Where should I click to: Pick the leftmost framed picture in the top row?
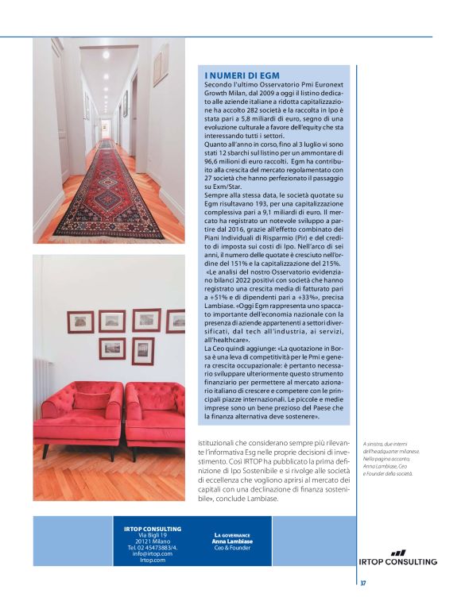pos(80,322)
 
